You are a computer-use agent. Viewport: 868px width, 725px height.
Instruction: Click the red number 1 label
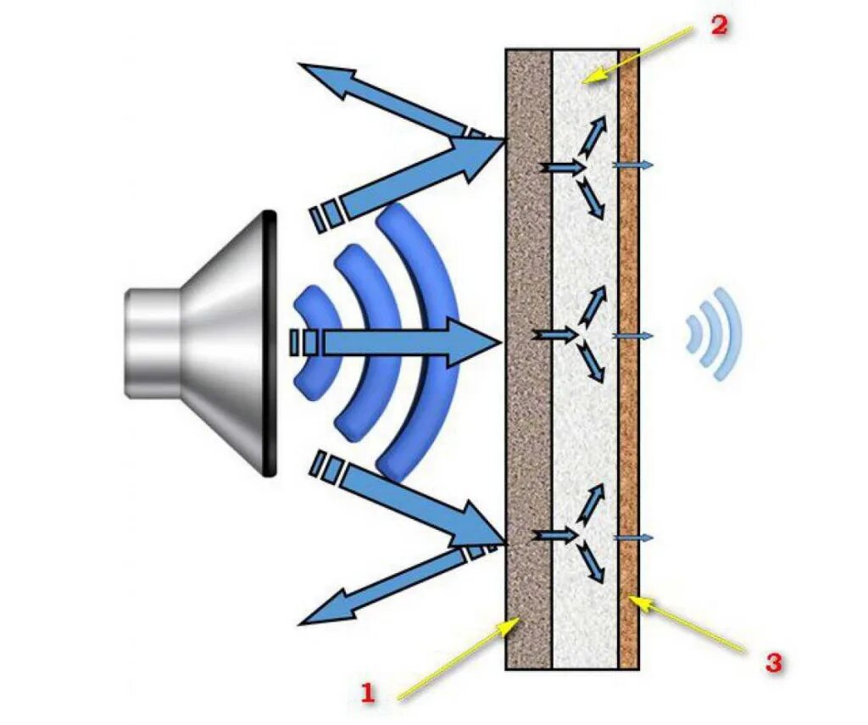[367, 694]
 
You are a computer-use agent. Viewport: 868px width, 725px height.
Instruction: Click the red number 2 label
[718, 25]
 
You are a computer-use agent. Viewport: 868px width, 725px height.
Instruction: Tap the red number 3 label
[772, 663]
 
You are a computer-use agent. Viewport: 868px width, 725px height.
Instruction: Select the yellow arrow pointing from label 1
[458, 661]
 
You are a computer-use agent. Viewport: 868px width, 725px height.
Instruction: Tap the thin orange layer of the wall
[628, 424]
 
